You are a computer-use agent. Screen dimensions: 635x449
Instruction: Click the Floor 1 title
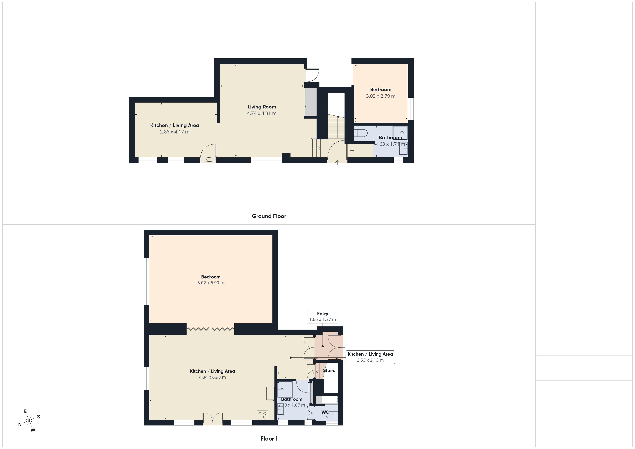[269, 439]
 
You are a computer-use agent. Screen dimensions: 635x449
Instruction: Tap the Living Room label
[262, 107]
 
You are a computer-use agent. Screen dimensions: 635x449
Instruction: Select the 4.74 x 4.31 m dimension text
[262, 113]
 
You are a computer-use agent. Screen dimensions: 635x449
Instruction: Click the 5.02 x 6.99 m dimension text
[211, 283]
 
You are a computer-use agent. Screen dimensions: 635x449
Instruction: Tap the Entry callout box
[323, 316]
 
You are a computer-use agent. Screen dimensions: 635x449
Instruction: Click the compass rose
[29, 421]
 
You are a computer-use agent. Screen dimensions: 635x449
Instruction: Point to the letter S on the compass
[39, 417]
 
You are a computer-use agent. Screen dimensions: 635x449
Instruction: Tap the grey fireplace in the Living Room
[311, 102]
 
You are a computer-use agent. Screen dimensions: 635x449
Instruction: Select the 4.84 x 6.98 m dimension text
[212, 377]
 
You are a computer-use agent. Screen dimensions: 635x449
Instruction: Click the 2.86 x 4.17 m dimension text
[175, 132]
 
